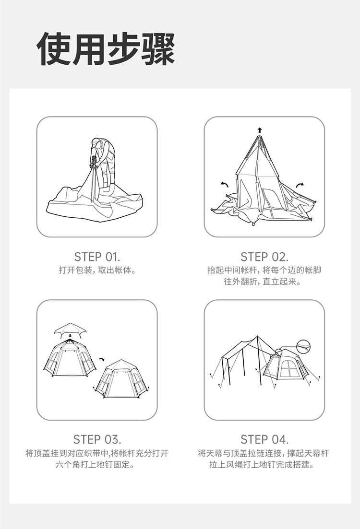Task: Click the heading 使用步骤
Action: (106, 49)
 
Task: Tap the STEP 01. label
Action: (97, 257)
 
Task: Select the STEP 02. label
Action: (264, 257)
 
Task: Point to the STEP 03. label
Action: (97, 440)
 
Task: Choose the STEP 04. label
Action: (264, 440)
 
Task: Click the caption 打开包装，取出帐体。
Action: (97, 270)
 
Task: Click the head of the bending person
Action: (96, 143)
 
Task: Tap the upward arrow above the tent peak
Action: (259, 130)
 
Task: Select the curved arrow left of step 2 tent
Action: (224, 184)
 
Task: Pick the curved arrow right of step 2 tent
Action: (300, 185)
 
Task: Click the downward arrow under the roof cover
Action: (70, 336)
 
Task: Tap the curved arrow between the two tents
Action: (102, 360)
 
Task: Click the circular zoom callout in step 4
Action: (302, 346)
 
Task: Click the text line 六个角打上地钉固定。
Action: (97, 465)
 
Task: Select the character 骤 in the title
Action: (158, 49)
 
